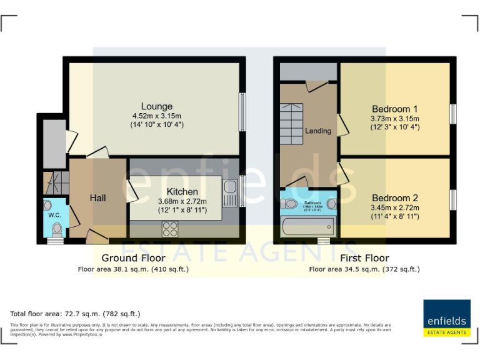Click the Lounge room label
pyautogui.click(x=156, y=106)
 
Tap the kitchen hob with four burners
pyautogui.click(x=171, y=229)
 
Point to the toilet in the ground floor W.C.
pyautogui.click(x=57, y=228)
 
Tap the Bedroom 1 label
pyautogui.click(x=394, y=108)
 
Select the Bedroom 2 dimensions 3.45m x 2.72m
pyautogui.click(x=394, y=207)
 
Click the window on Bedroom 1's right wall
pyautogui.click(x=453, y=113)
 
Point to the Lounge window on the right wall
pyautogui.click(x=242, y=104)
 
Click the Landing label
pyautogui.click(x=317, y=131)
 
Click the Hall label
pyautogui.click(x=97, y=198)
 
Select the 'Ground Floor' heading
pyautogui.click(x=133, y=258)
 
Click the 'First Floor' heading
pyautogui.click(x=364, y=258)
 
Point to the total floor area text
pyautogui.click(x=76, y=314)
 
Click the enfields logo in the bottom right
pyautogui.click(x=447, y=318)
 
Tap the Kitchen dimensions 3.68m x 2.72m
pyautogui.click(x=182, y=201)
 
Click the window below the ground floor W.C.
pyautogui.click(x=55, y=241)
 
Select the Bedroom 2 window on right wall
pyautogui.click(x=453, y=199)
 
